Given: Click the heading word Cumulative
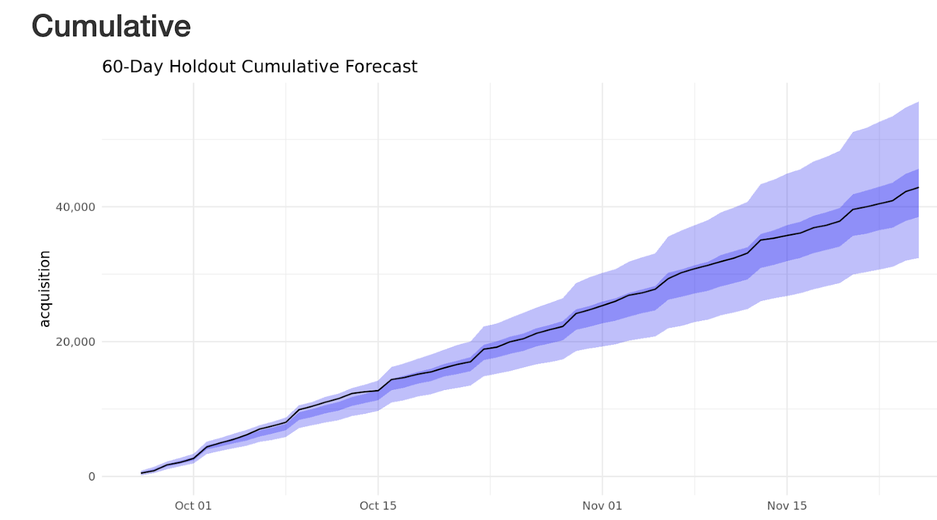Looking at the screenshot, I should [111, 26].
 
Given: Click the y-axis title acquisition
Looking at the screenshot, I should [45, 289].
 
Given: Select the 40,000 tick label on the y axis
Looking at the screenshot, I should [75, 207].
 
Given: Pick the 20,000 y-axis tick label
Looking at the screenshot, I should [75, 342].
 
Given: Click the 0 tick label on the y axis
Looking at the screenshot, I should [91, 477].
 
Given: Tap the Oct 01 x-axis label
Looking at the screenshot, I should [193, 506].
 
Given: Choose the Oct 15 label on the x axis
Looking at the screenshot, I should [378, 506].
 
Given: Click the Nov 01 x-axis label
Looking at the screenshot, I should [602, 506].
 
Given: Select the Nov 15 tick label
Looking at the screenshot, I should [786, 506].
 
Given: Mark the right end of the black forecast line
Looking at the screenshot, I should [918, 187].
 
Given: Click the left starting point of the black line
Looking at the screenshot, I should [142, 473].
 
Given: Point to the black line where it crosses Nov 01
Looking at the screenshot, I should [602, 305].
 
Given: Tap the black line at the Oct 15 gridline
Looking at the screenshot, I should [378, 391].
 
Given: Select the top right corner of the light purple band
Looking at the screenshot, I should [918, 102].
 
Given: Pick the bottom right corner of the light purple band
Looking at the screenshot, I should [918, 257].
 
